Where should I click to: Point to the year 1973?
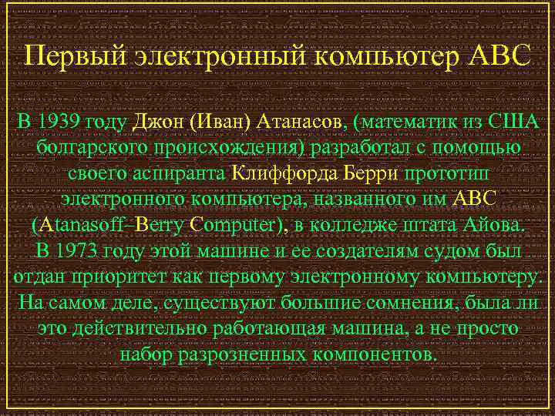[x=79, y=251]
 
